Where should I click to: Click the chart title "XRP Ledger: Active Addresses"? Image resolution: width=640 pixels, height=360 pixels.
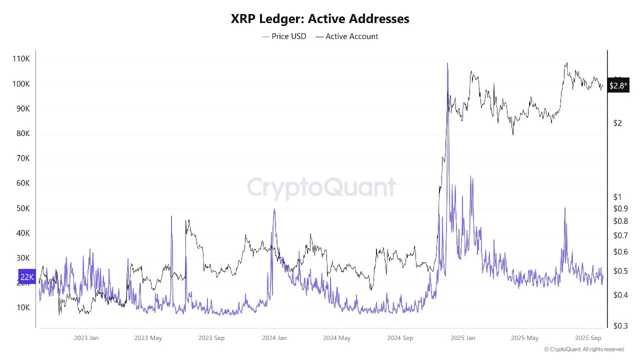click(320, 19)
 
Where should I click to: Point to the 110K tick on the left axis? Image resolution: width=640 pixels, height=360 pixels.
click(21, 59)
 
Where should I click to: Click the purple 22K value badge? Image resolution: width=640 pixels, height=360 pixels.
click(27, 276)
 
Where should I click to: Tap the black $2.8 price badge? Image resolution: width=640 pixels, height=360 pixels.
click(618, 85)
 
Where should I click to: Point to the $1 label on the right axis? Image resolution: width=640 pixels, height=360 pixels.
click(618, 197)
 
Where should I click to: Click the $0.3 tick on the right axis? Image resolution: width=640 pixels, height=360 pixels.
click(620, 325)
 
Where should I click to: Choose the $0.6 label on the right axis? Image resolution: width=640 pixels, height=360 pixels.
click(620, 252)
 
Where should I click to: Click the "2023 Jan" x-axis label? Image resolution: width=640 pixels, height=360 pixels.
click(86, 338)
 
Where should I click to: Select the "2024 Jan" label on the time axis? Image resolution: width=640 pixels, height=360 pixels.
click(274, 338)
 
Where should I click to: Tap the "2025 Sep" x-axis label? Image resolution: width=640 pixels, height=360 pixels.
click(588, 338)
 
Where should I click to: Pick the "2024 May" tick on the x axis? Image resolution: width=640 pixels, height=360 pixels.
click(336, 338)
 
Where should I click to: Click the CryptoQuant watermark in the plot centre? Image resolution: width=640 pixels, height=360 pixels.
click(321, 188)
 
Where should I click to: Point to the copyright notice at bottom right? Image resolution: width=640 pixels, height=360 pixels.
click(583, 349)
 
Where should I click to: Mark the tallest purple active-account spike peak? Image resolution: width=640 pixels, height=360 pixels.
click(447, 63)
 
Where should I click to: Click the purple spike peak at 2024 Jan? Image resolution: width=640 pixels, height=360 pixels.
click(274, 209)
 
